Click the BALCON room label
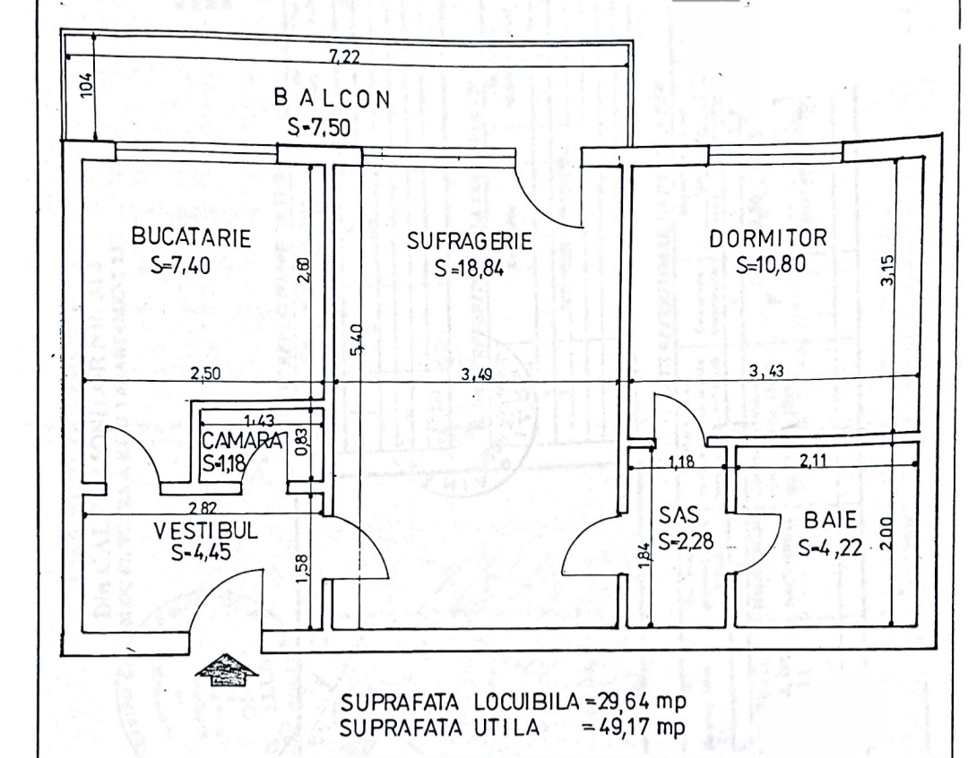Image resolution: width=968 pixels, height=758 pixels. click(333, 99)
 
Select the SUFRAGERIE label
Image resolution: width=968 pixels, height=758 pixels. click(470, 241)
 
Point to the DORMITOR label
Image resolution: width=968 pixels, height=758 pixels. click(768, 239)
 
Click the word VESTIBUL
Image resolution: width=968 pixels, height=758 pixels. click(205, 530)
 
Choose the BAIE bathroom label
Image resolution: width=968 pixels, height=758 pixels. click(831, 519)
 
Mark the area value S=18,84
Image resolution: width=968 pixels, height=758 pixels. click(470, 268)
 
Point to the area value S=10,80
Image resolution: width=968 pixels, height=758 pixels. click(768, 265)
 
